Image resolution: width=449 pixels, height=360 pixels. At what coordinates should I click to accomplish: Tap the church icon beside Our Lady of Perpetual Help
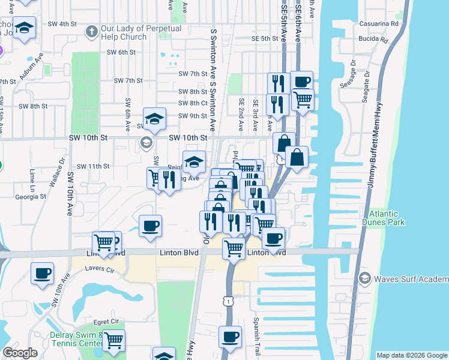coord(92,29)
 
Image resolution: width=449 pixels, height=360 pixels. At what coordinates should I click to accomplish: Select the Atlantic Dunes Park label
coord(387,218)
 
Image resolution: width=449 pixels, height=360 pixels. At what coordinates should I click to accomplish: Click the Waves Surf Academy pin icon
coord(364,278)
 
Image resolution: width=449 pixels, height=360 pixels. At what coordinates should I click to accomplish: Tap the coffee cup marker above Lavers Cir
coord(43,272)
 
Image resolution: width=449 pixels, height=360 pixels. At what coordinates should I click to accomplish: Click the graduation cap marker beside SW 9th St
coord(154,119)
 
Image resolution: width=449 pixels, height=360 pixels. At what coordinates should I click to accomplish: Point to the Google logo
coord(20,353)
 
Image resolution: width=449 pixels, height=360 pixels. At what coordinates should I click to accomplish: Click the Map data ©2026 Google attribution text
coord(411,355)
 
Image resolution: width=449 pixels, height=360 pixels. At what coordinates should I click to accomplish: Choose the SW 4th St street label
coord(63,23)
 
